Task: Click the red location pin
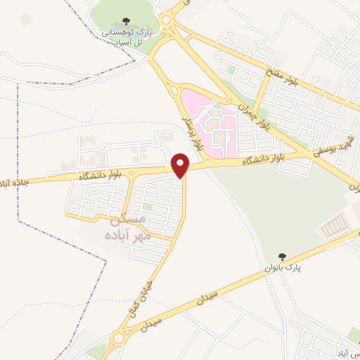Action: (182, 165)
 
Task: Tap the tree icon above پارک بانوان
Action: (283, 257)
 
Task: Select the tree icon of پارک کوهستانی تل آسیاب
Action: (126, 21)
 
